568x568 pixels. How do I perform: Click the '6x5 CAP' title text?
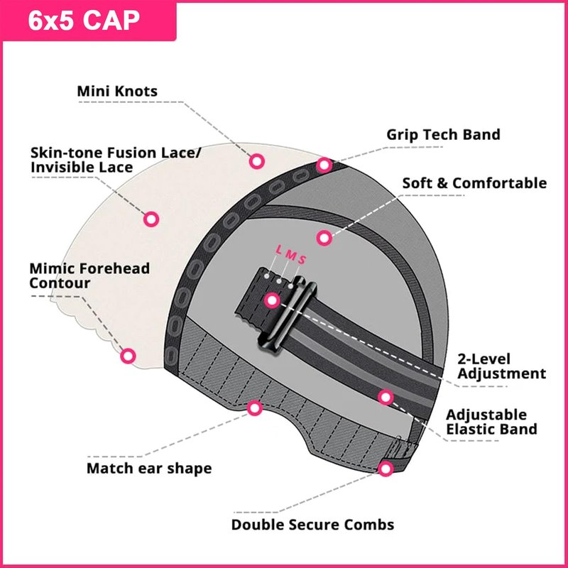coord(84,21)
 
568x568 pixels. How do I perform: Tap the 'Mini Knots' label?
coord(117,91)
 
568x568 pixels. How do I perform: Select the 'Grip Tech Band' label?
coord(443,134)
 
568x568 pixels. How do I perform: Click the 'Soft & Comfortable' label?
coord(474,183)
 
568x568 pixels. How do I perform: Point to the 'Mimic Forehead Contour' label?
coord(89,275)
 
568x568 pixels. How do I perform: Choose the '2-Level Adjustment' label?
coord(502,366)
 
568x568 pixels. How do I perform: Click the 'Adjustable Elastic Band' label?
coord(491,422)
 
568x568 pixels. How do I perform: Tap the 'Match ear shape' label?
coord(149,469)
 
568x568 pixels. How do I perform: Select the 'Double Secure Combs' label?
coord(312,525)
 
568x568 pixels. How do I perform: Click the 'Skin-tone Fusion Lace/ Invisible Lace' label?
coord(115,160)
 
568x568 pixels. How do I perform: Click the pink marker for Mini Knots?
coord(257,161)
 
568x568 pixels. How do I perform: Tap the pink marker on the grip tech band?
coord(324,165)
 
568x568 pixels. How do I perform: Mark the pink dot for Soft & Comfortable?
coord(324,238)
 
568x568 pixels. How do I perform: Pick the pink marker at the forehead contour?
coord(128,356)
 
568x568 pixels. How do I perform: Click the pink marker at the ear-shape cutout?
coord(255,408)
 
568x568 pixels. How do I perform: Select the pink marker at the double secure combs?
coord(386,469)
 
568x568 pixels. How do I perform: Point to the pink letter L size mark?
coord(278,249)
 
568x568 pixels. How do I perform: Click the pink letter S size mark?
coord(302,259)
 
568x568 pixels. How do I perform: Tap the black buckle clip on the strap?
coord(287,314)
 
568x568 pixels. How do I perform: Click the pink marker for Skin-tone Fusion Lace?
coord(151,219)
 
